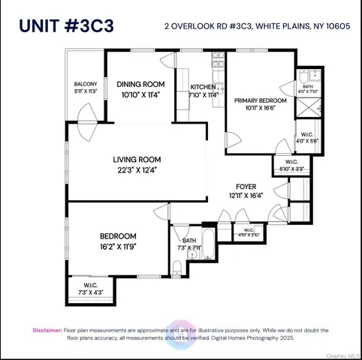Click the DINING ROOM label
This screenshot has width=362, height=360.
pos(140,84)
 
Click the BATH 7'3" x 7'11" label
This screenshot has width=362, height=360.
pos(189,244)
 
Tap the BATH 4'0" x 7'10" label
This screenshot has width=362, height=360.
pos(309,88)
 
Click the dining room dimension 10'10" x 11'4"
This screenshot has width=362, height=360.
pos(140,94)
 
